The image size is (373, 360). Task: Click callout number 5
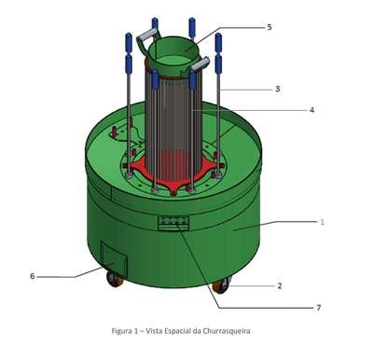click(x=269, y=27)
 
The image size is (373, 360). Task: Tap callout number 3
click(x=278, y=89)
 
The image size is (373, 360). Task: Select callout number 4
click(x=311, y=110)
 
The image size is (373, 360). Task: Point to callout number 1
click(x=323, y=222)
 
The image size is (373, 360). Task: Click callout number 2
click(x=280, y=285)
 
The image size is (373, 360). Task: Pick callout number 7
click(x=318, y=308)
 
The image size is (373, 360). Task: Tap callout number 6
click(x=33, y=276)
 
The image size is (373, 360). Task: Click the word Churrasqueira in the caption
click(x=227, y=331)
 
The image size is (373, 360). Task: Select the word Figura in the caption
click(x=122, y=331)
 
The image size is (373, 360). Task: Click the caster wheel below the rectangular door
click(x=115, y=279)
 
